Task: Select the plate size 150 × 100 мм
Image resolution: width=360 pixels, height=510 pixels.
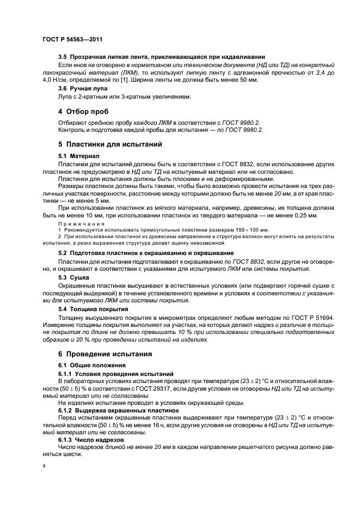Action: tap(253, 230)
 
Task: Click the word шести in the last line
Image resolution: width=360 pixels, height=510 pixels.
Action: tap(70, 453)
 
